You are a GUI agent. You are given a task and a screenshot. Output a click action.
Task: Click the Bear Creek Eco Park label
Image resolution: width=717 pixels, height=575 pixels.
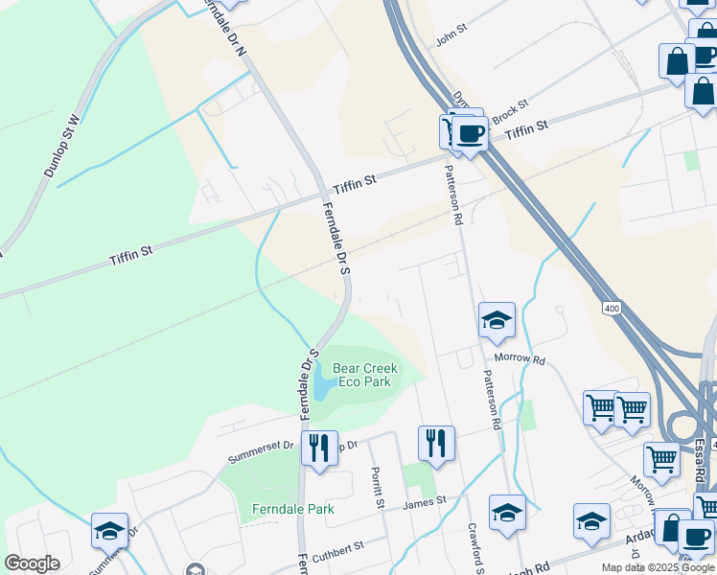click(361, 375)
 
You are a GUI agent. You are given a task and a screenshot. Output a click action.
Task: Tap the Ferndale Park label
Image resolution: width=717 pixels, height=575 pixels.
click(293, 509)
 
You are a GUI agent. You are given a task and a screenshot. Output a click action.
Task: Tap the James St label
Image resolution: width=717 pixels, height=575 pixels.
click(425, 501)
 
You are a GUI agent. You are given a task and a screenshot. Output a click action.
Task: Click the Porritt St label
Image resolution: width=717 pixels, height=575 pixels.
click(379, 489)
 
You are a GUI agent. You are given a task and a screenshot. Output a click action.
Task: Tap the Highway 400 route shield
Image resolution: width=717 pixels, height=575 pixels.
click(611, 308)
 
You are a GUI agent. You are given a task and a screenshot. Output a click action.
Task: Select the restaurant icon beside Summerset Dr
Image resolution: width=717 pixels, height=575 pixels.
click(318, 448)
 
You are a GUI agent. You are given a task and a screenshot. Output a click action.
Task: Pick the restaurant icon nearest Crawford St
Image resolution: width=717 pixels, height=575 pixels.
click(436, 443)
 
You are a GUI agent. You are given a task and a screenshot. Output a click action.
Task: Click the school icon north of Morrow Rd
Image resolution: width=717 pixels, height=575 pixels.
click(497, 320)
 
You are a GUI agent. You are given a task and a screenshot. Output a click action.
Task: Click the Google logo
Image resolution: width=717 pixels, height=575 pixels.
click(32, 563)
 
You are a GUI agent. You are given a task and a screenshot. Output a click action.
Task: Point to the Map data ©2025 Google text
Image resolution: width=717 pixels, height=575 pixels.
click(657, 567)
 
